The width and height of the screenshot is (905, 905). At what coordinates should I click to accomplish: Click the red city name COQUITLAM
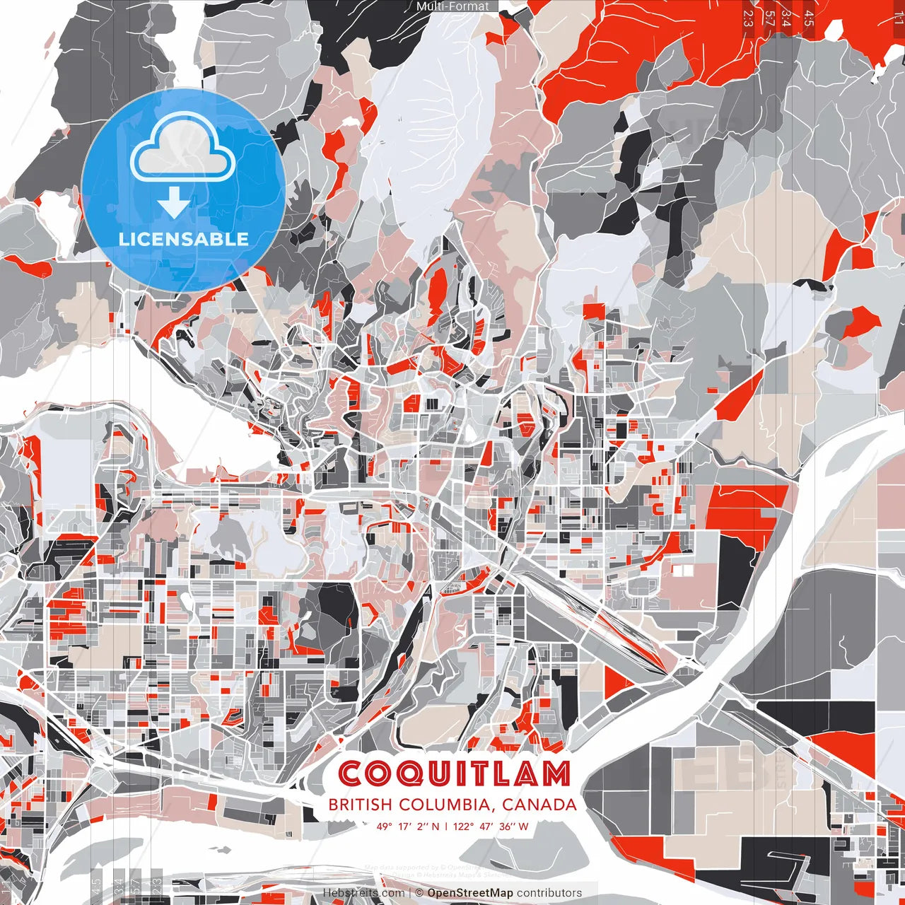[454, 773]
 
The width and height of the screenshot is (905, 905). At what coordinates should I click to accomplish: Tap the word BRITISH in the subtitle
[360, 805]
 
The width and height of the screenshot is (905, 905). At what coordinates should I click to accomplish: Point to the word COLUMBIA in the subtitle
[446, 805]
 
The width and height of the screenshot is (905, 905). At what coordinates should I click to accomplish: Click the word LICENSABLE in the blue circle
[184, 239]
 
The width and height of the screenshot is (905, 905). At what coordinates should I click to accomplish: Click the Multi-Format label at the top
[452, 6]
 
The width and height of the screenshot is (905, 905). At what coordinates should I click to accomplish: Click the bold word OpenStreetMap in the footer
[470, 893]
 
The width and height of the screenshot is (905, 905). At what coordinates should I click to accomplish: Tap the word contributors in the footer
[549, 893]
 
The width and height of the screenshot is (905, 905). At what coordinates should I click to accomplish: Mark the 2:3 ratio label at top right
[748, 18]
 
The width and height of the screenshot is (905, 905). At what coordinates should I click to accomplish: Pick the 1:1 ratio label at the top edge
[899, 18]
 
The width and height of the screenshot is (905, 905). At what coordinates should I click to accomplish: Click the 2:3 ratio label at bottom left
[157, 887]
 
